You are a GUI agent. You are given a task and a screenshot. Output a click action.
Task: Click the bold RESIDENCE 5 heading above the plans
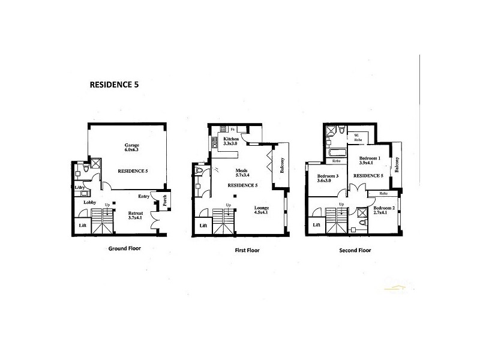(x=113, y=85)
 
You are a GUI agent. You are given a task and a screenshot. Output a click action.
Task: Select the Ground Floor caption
(x=125, y=247)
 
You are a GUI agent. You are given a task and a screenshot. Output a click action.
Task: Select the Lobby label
(x=82, y=202)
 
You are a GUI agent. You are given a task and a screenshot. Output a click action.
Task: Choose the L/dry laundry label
(x=80, y=188)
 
